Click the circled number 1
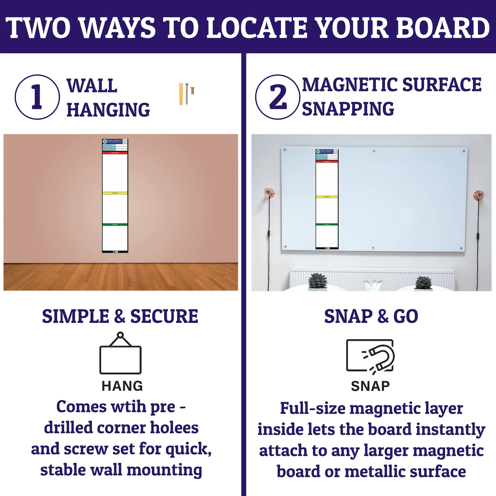click(37, 97)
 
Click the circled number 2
click(278, 97)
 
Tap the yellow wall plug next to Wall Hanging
click(181, 94)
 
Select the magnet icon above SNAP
click(370, 356)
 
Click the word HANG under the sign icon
click(122, 386)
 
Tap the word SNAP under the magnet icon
click(370, 386)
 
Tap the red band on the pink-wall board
click(115, 153)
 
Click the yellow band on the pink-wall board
click(115, 193)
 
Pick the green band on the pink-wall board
click(115, 224)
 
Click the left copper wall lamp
click(269, 193)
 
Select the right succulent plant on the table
click(423, 283)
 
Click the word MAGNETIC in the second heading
click(350, 85)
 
